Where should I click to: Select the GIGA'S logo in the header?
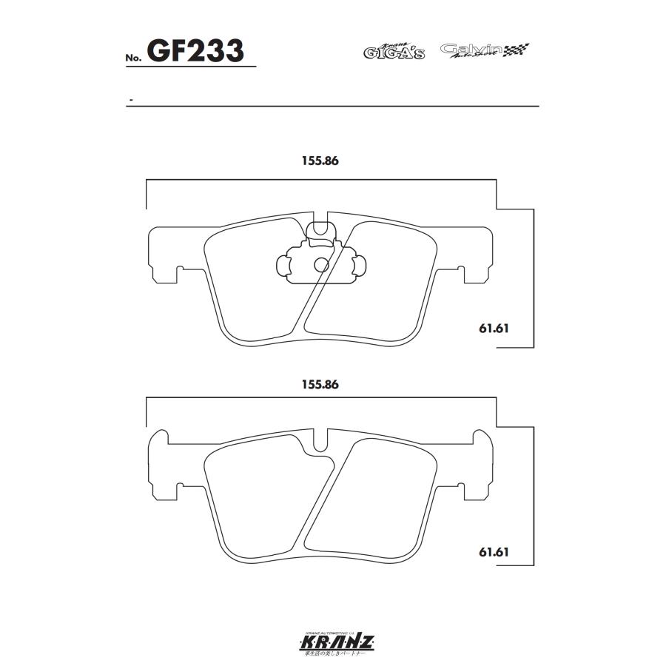[394, 50]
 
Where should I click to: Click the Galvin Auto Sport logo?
[472, 50]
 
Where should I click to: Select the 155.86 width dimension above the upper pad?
[320, 162]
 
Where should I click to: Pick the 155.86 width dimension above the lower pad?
[320, 385]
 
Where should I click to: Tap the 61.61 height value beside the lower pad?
[495, 551]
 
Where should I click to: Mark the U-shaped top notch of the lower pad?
[321, 442]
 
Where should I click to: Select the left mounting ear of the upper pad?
[164, 255]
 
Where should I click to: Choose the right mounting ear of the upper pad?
[477, 255]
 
